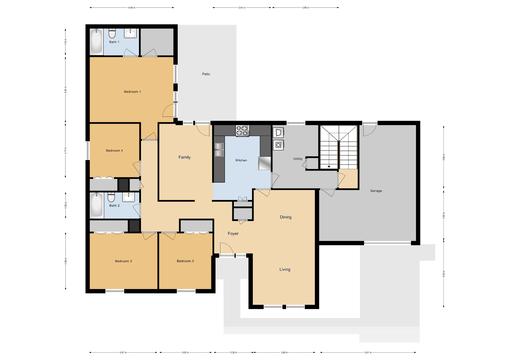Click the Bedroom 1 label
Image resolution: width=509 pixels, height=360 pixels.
pos(132,91)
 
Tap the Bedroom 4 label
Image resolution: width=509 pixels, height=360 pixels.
pos(113,150)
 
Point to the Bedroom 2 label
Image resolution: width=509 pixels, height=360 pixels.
pos(184,260)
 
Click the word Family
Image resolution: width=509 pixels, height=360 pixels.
pos(184,158)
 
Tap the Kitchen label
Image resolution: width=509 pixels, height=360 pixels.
pos(241,160)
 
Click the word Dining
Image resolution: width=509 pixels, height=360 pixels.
pos(285,217)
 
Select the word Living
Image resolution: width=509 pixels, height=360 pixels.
pos(284,269)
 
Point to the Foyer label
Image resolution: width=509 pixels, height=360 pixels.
pos(232,233)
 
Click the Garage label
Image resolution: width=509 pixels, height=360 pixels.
pos(376,190)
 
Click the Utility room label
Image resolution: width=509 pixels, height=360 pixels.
pos(297,159)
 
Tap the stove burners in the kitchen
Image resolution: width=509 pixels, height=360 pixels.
pos(241,130)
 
